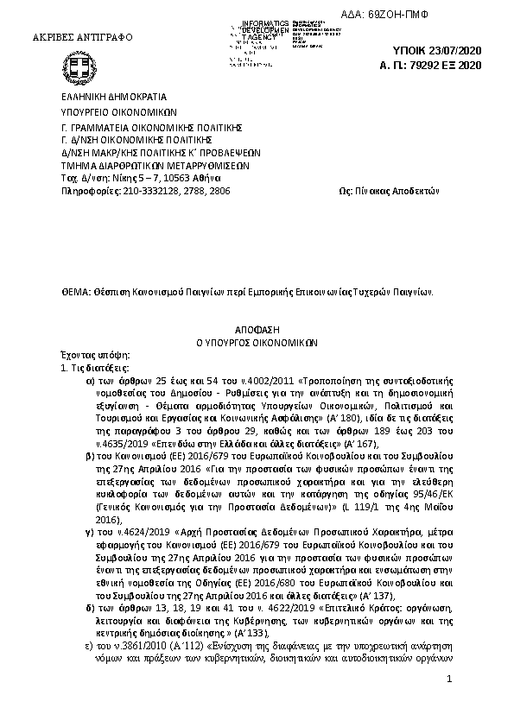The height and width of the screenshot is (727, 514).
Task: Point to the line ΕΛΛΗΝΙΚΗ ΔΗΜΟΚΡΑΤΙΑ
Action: coord(113,98)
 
